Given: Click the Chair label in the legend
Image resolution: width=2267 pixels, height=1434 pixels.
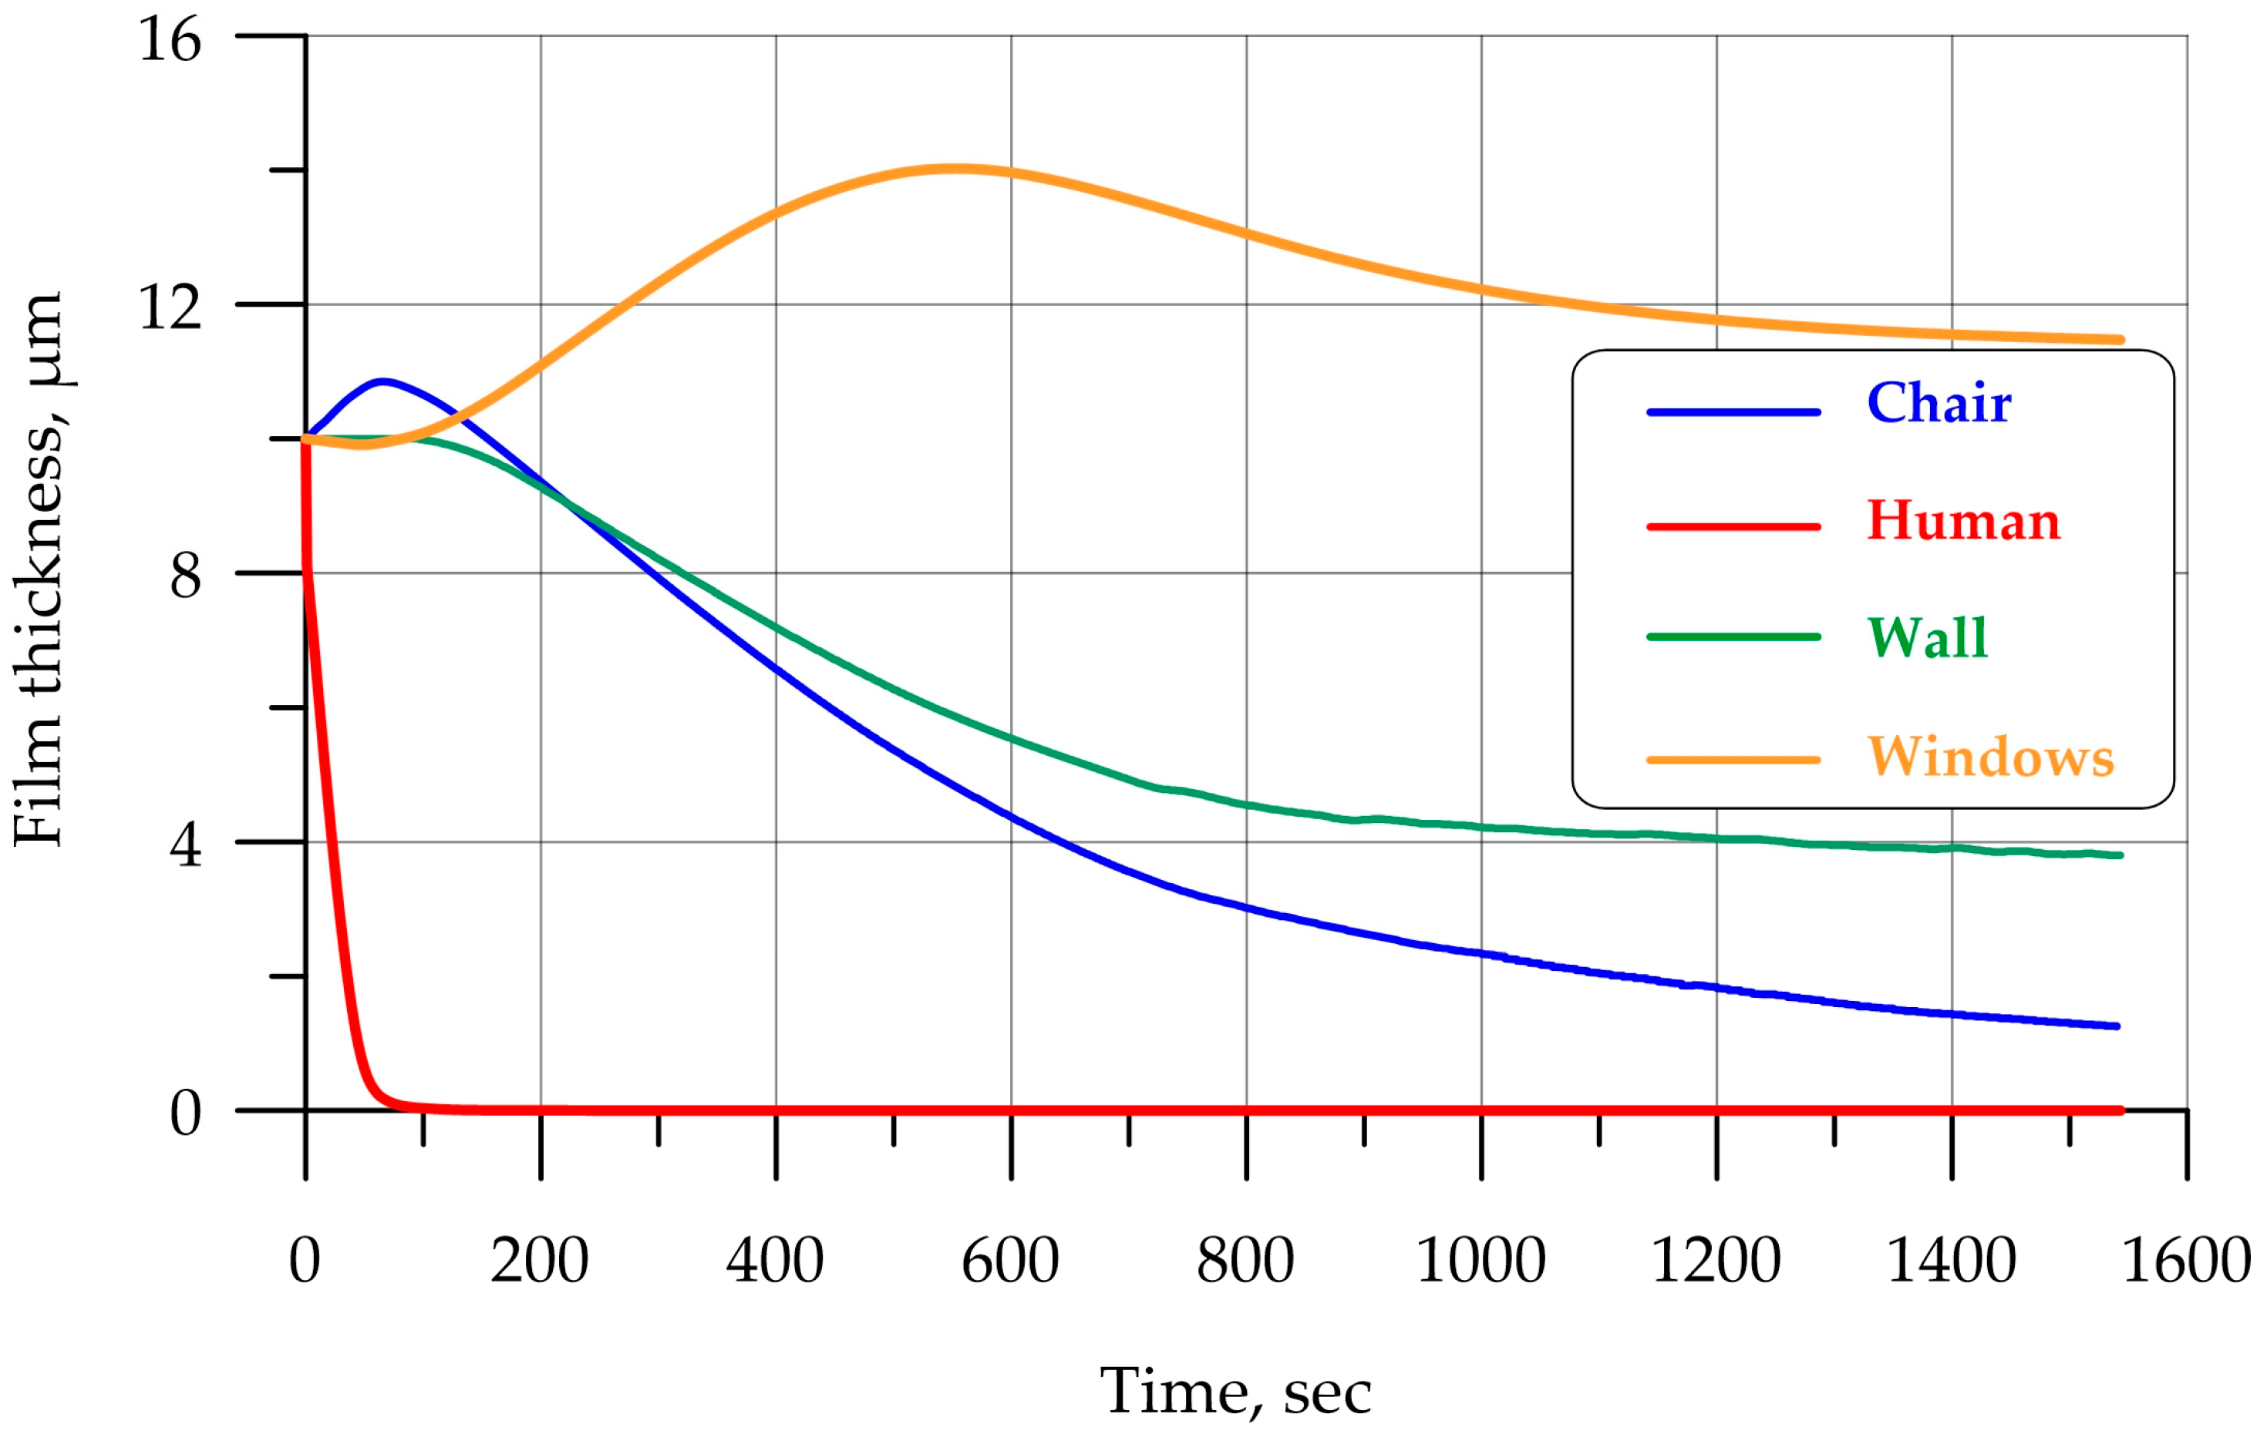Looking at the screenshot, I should pyautogui.click(x=1939, y=404).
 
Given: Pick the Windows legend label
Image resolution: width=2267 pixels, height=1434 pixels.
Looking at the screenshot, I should pyautogui.click(x=1991, y=757).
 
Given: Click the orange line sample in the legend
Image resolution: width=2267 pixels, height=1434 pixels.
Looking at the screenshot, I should pyautogui.click(x=1733, y=759).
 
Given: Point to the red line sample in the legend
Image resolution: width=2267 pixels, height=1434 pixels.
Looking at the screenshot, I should pyautogui.click(x=1733, y=527).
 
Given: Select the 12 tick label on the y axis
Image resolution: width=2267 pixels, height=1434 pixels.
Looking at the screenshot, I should pyautogui.click(x=170, y=307).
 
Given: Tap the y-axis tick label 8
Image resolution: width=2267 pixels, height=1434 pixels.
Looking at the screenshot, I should pyautogui.click(x=186, y=576).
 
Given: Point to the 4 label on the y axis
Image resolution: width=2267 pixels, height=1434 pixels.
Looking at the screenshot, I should pyautogui.click(x=186, y=845).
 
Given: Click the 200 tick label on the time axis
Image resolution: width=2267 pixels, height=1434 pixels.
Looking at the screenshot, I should pyautogui.click(x=540, y=1261).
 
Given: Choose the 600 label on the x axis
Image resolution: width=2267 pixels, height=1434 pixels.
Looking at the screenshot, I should pyautogui.click(x=1010, y=1261).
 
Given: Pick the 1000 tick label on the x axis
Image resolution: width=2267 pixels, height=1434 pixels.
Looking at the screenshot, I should pyautogui.click(x=1480, y=1261).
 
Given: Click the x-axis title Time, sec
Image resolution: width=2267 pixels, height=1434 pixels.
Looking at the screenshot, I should pyautogui.click(x=1235, y=1392).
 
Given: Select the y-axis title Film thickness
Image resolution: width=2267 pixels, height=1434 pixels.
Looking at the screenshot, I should pyautogui.click(x=39, y=569).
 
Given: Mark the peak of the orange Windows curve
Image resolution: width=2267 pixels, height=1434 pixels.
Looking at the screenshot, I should pyautogui.click(x=953, y=170).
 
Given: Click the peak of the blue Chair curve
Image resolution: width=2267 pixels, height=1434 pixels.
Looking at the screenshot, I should pyautogui.click(x=382, y=382).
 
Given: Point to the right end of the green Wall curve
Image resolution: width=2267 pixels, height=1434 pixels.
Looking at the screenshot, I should pyautogui.click(x=2119, y=855).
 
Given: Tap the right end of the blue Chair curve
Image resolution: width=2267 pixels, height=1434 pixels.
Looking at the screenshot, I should pyautogui.click(x=2117, y=1026).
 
